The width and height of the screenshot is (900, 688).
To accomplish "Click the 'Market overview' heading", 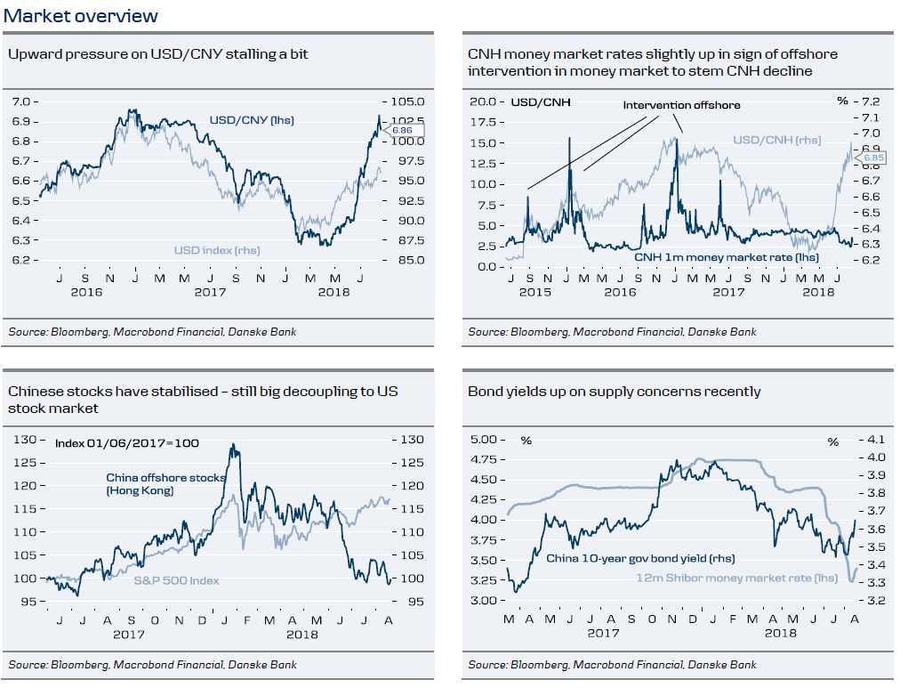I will pos(81,16).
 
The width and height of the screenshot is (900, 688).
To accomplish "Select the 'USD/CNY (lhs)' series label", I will pos(252,120).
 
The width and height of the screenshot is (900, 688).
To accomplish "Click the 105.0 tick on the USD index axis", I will pos(406,101).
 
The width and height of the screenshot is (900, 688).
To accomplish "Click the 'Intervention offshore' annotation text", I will pos(681,105).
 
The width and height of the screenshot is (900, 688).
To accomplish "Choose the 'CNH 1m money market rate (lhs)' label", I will pos(727,257).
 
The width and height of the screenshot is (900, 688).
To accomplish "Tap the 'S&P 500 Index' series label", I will pos(176,580).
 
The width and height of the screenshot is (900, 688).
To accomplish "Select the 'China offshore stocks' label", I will pos(165,478).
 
